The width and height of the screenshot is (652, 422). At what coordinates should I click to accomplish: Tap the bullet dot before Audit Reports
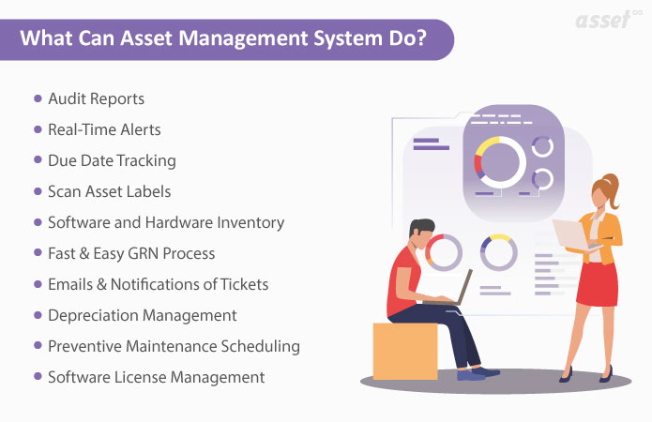coord(38,98)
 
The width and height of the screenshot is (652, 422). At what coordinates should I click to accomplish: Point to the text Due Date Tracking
coord(112,160)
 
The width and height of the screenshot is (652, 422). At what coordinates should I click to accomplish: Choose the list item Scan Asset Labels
coord(109,191)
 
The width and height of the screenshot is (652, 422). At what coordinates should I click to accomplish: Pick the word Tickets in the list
coord(242,284)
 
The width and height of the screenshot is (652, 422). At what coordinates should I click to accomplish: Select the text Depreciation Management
coord(142,315)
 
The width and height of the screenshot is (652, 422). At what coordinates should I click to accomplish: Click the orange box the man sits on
coord(405,352)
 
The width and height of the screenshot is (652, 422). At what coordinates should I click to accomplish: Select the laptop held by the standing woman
coord(569,234)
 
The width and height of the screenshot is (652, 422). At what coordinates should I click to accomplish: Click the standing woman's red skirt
coord(597,288)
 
